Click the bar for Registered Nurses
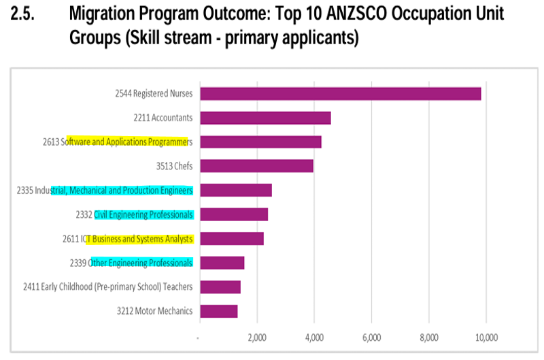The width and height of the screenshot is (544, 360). point(340,94)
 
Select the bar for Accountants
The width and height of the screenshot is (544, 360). point(265,118)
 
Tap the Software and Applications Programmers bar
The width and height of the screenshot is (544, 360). point(260,142)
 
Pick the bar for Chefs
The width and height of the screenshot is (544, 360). point(256,166)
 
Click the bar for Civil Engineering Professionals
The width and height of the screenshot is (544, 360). point(234,214)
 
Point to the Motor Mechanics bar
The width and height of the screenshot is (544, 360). point(219,311)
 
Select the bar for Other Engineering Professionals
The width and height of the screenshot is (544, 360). point(222,263)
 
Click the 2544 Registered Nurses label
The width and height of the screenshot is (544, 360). point(154,94)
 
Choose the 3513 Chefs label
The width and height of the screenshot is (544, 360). point(174,166)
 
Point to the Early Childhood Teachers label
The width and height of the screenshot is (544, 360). point(107,287)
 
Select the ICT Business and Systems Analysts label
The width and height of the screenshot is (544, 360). point(128,239)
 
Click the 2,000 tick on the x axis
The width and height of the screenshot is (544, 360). point(256,338)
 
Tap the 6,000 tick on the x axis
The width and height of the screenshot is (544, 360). point(371,338)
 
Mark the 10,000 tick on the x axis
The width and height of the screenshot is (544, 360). point(487,338)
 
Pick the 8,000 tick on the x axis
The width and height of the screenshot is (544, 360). point(429,338)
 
